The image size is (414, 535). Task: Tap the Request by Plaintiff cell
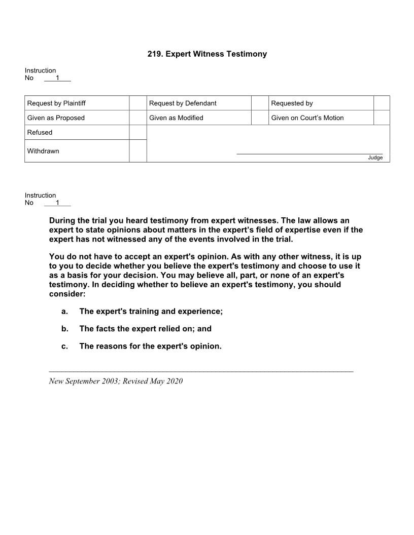tap(56, 103)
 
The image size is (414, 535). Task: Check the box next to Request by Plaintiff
tap(137, 103)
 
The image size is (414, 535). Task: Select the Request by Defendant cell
tap(183, 103)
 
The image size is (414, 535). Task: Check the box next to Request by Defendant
tap(260, 103)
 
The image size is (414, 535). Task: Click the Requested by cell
tap(292, 103)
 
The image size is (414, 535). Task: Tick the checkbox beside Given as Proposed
tap(137, 118)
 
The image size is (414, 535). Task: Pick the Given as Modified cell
tap(176, 118)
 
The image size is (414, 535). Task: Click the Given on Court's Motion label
tap(307, 118)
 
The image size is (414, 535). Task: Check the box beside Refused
tap(137, 132)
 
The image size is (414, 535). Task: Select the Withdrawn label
tap(43, 151)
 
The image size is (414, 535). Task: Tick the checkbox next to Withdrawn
tap(137, 151)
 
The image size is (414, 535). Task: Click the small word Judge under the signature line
tap(375, 158)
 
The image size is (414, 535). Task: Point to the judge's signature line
tap(309, 152)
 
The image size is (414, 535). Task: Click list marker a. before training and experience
tap(64, 311)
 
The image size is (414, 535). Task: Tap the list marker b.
tap(64, 329)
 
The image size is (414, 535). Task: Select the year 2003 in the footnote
tap(110, 381)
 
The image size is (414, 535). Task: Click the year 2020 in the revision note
tap(174, 381)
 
